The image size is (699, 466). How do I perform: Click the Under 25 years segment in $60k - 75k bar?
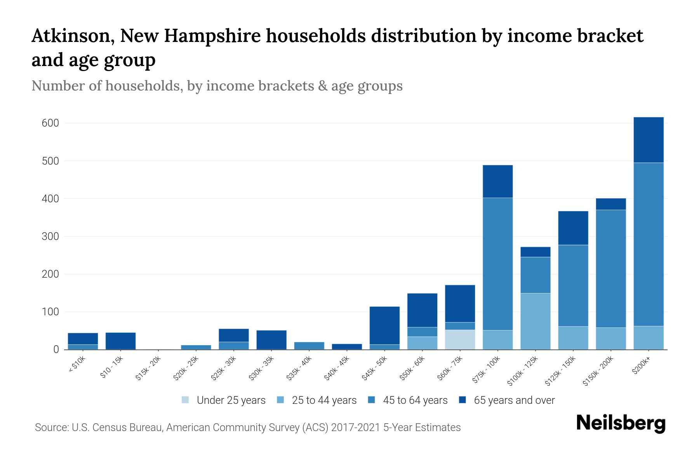(x=460, y=339)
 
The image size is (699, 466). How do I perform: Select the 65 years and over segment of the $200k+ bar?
(x=649, y=140)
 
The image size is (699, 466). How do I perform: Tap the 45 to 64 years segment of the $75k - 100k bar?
(x=497, y=264)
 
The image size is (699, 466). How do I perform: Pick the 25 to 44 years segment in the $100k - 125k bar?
(x=535, y=321)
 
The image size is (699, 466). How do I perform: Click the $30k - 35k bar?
(x=271, y=340)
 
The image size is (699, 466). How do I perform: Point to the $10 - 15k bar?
(x=120, y=341)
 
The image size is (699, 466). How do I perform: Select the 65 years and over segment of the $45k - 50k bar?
(x=384, y=325)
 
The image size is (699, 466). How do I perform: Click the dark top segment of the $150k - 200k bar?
(x=611, y=204)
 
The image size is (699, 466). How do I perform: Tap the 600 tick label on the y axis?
(x=50, y=123)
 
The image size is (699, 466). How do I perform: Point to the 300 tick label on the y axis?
(x=50, y=236)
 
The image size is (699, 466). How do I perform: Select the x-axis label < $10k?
(x=77, y=365)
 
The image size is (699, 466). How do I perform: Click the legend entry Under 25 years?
(x=231, y=400)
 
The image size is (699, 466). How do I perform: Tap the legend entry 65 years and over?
(x=514, y=400)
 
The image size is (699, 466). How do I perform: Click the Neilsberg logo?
(x=621, y=423)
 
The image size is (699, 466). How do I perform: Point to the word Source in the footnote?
(x=51, y=428)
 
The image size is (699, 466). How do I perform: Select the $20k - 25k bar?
(x=196, y=347)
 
